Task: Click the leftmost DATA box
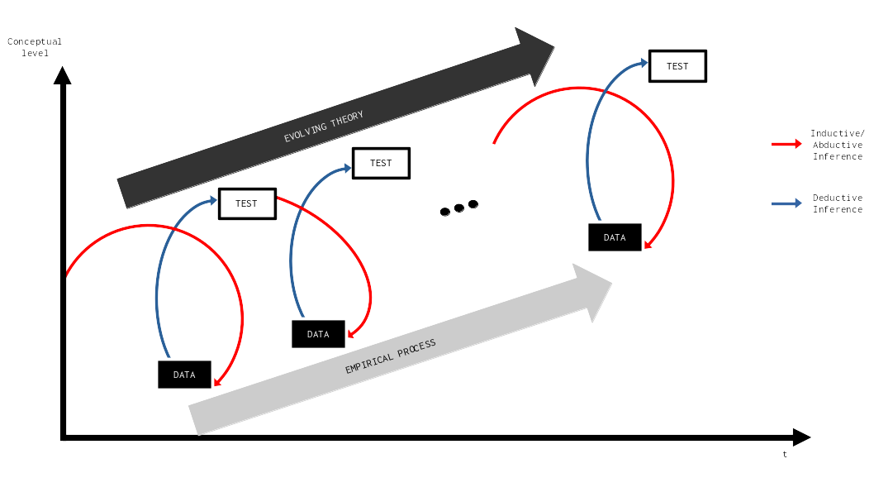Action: pos(184,375)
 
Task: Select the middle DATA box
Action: pos(318,334)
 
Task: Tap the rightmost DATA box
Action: pos(615,237)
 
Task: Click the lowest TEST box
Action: pos(247,203)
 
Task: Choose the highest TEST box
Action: pos(677,66)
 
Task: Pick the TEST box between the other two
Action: pos(381,163)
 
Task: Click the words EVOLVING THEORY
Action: pos(324,127)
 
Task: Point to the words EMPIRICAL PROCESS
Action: pos(390,356)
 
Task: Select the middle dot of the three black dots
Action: pos(459,208)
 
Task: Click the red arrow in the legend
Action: pos(786,144)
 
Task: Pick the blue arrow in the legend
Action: pos(786,203)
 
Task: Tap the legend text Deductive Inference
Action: pos(837,203)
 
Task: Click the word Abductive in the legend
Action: pos(837,145)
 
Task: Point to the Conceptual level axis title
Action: pos(35,47)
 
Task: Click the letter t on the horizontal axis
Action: pos(785,454)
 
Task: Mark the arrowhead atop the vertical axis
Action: pos(62,75)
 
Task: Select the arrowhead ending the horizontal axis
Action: pos(801,437)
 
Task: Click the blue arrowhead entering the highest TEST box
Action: pos(643,63)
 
